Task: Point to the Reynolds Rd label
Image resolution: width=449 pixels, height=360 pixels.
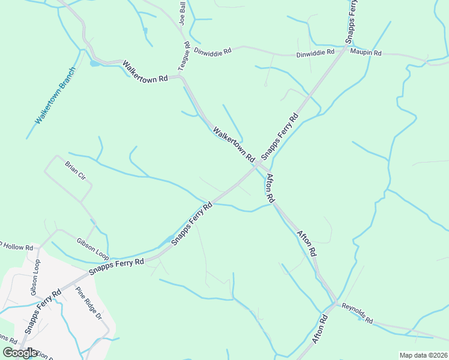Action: pos(357,313)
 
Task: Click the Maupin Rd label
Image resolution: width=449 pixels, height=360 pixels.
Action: pos(366,53)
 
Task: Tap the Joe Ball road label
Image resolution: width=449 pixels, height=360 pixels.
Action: pos(182,13)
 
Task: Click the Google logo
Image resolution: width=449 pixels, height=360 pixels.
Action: pos(20,353)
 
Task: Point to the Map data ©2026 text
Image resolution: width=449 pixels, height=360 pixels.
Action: pos(423,355)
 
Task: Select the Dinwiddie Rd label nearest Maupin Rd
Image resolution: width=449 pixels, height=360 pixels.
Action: pos(315,53)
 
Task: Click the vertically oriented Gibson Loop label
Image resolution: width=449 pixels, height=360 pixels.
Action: pos(35,278)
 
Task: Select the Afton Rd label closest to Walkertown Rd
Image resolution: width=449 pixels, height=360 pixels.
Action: pos(270,187)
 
